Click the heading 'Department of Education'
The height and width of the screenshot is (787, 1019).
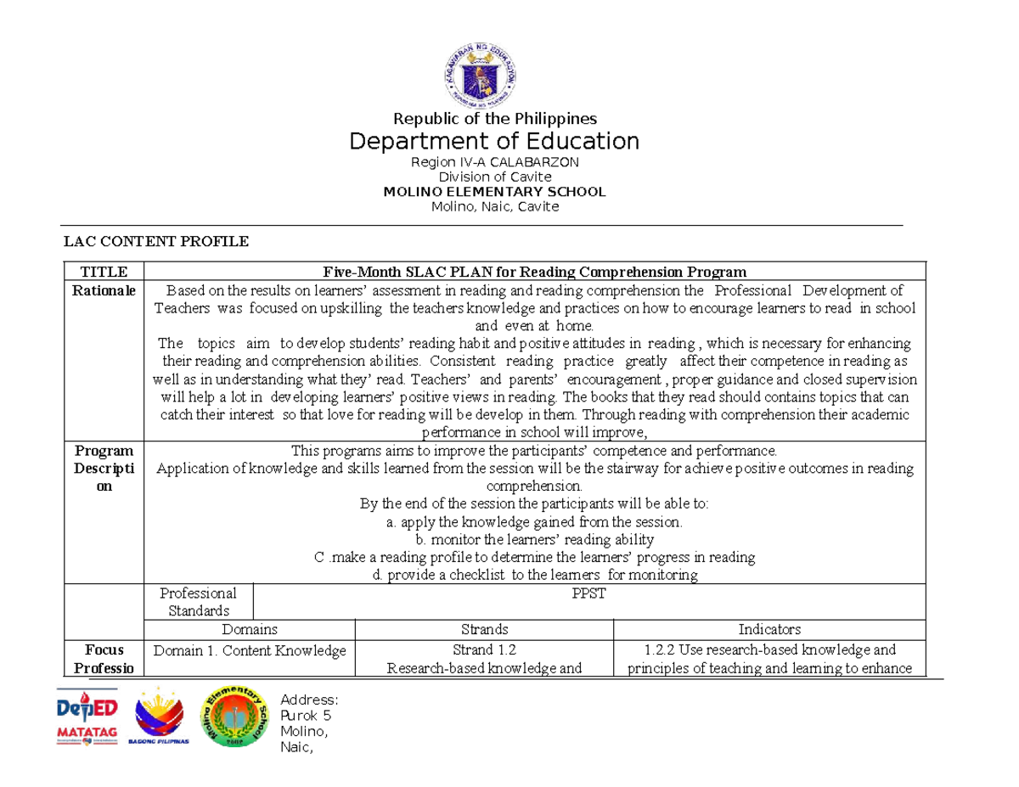[x=494, y=140]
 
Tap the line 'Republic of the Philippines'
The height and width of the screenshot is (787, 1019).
[x=494, y=118]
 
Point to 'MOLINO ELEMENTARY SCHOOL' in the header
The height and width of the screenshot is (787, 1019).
[x=494, y=192]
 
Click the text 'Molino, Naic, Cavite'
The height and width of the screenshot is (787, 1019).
[x=494, y=206]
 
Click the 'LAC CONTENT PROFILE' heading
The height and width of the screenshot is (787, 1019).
[x=157, y=242]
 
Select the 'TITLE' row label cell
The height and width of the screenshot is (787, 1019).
[x=104, y=272]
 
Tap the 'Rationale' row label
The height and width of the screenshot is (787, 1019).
[x=104, y=290]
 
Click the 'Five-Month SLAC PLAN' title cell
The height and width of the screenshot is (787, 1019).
[x=535, y=272]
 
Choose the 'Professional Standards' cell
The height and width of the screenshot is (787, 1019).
[x=199, y=601]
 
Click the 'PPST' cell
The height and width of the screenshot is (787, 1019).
[x=589, y=593]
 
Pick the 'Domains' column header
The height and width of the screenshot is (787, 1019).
[x=249, y=630]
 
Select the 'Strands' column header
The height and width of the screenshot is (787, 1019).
[x=484, y=630]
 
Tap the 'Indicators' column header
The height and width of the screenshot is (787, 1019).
[x=769, y=630]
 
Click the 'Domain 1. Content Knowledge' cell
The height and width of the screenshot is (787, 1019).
[x=249, y=651]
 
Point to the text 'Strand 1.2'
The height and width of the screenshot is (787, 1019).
[x=484, y=650]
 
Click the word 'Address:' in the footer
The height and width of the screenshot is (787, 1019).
[x=309, y=700]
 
